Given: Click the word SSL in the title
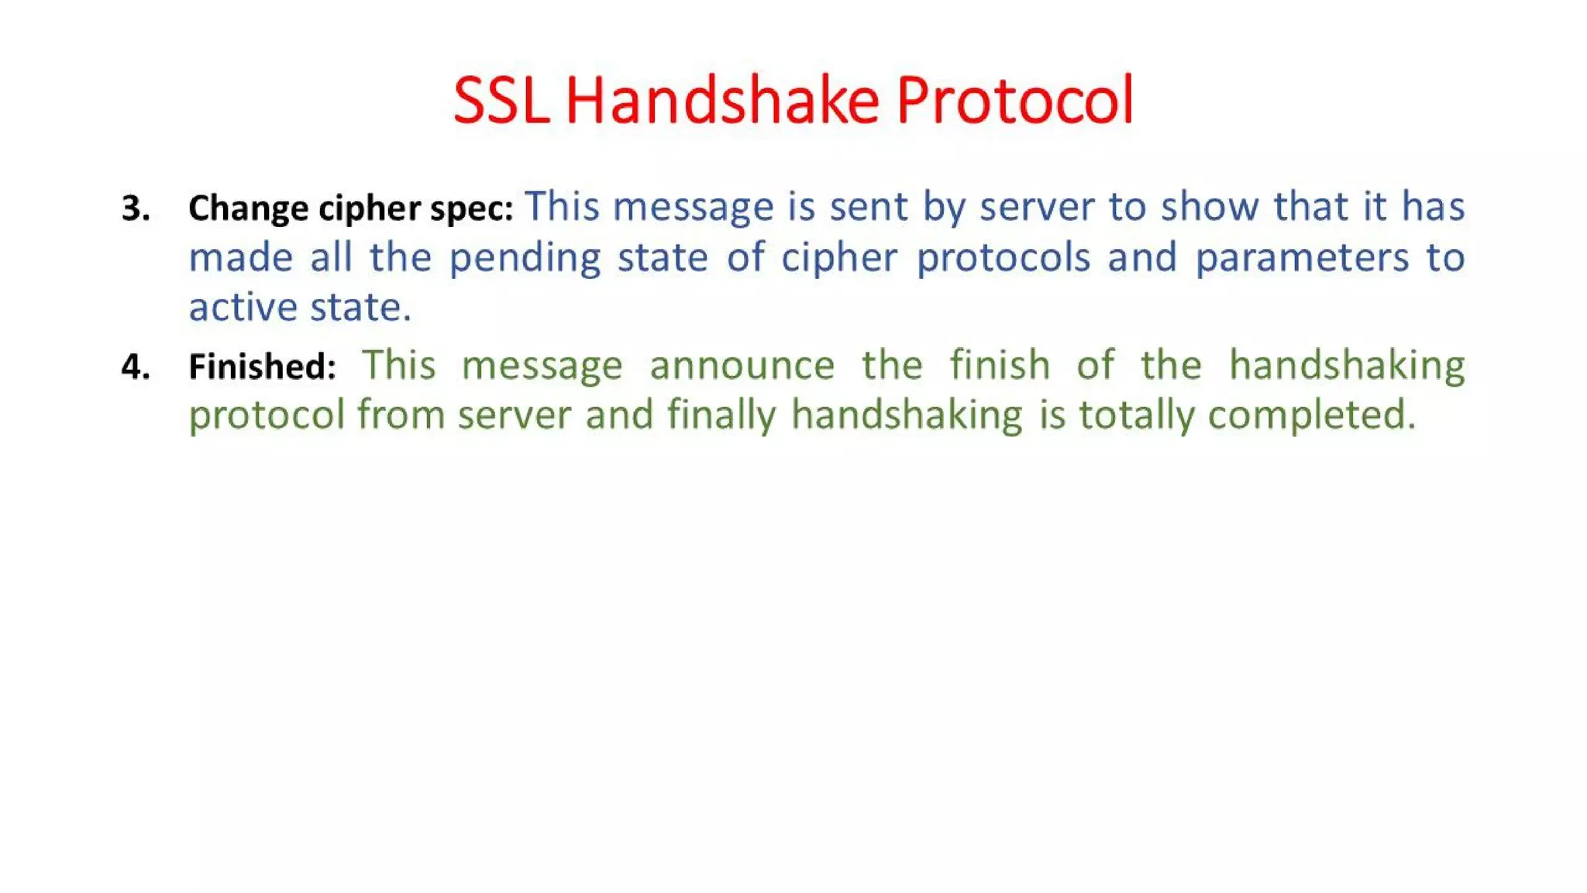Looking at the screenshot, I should click(501, 101).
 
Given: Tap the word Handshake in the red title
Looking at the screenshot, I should click(722, 101).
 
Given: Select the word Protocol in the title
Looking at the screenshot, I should click(1015, 101).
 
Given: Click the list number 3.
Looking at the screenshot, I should click(136, 209).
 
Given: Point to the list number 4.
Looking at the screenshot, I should click(136, 367).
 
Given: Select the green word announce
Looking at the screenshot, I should click(742, 365).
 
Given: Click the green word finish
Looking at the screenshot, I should click(1000, 365).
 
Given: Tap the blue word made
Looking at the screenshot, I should click(241, 257).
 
